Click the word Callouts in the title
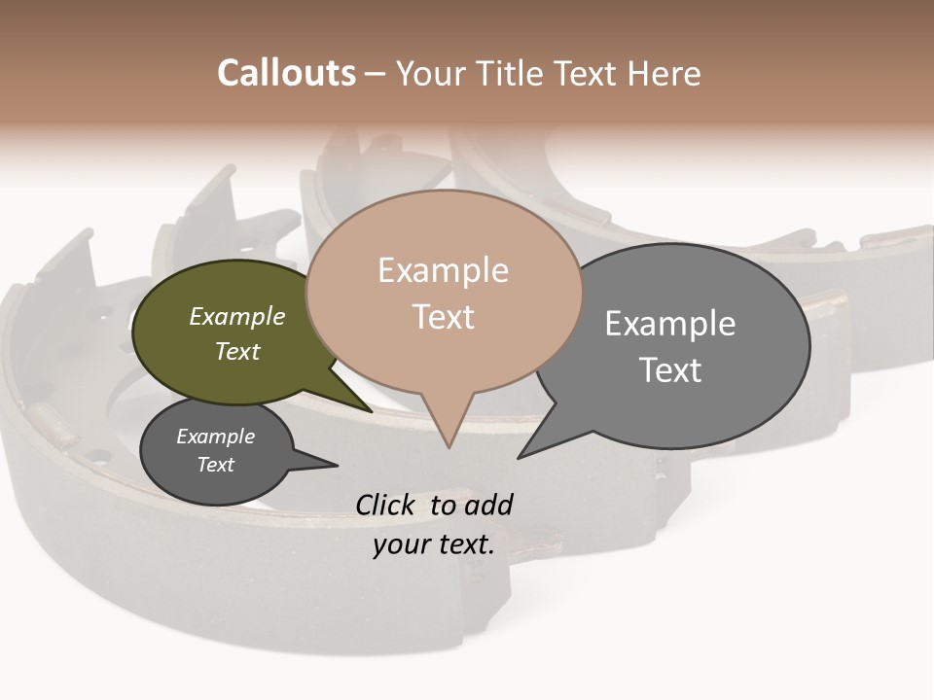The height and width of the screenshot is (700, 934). (x=286, y=73)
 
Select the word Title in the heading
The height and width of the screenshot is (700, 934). (x=516, y=73)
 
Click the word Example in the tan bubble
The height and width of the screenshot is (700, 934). (x=443, y=270)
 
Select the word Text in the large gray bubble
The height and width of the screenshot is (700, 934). (x=670, y=369)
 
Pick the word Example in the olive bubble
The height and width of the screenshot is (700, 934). (x=237, y=317)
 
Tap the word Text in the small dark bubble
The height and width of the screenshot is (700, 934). (x=216, y=465)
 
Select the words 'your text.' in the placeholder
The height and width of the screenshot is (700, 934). (x=434, y=544)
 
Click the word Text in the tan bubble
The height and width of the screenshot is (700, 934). (x=444, y=317)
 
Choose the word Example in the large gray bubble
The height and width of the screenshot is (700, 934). (x=670, y=323)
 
